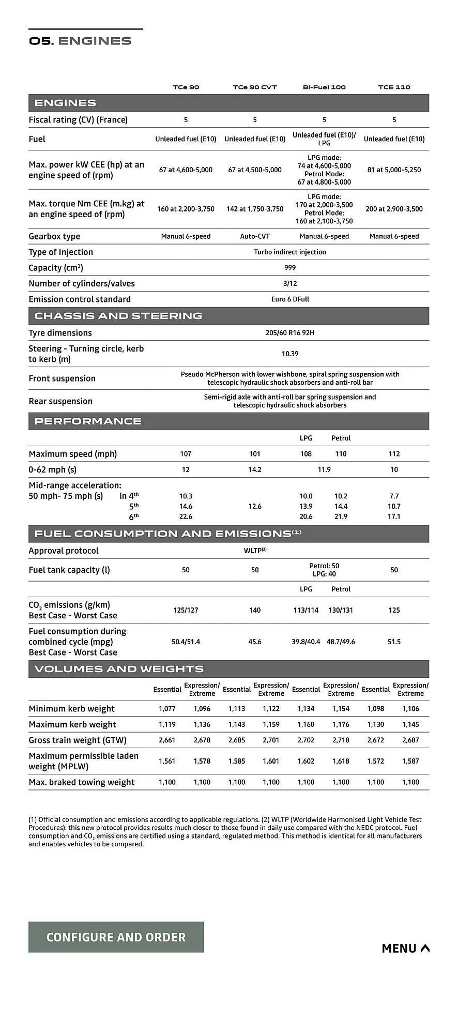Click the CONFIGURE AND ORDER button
tap(116, 937)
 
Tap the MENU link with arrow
tap(405, 948)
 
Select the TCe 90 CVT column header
tap(255, 87)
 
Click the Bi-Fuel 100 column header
tap(324, 87)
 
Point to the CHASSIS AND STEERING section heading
tap(118, 316)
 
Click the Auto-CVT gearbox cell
tap(255, 236)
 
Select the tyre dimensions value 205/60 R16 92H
tap(290, 333)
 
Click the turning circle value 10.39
tap(290, 354)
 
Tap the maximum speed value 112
tap(394, 454)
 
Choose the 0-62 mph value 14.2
tap(255, 469)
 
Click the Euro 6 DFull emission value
tap(290, 299)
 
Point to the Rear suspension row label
tap(60, 401)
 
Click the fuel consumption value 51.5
tap(394, 642)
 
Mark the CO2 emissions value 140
tap(255, 610)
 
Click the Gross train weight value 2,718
tap(341, 740)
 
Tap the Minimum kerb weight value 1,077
tap(167, 709)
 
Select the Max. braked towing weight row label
tap(82, 782)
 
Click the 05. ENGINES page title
tap(80, 41)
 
